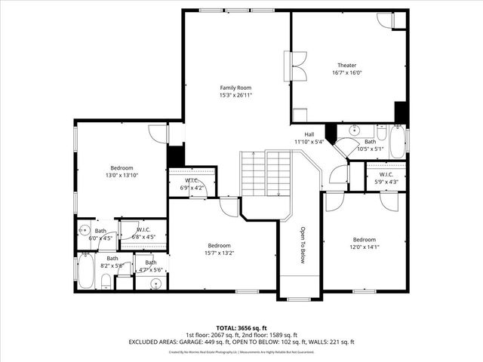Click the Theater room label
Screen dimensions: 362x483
tap(347, 66)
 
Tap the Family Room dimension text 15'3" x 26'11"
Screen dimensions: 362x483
tap(235, 96)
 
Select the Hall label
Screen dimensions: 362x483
tap(309, 133)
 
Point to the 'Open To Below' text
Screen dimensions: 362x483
tap(303, 246)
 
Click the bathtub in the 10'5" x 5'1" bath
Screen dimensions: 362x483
tap(397, 141)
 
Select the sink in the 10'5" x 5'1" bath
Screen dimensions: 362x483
tap(353, 130)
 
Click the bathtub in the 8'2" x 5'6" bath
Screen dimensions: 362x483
tap(85, 271)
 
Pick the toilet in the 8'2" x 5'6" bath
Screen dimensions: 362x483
tap(106, 283)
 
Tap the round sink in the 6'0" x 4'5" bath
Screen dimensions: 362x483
tap(83, 231)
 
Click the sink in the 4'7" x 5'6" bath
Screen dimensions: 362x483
tap(155, 284)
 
